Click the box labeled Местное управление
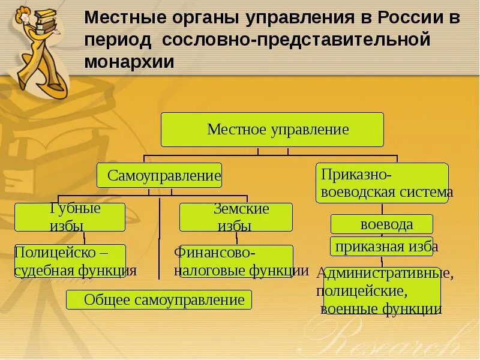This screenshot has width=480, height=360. pyautogui.click(x=272, y=130)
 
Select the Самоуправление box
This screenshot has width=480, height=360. pyautogui.click(x=159, y=175)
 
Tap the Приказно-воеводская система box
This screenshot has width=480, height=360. pyautogui.click(x=382, y=183)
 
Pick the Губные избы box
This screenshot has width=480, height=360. pyautogui.click(x=70, y=217)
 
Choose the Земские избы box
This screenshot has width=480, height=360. pyautogui.click(x=236, y=217)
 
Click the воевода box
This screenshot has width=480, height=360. pyautogui.click(x=382, y=224)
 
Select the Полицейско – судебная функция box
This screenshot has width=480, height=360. pyautogui.click(x=70, y=261)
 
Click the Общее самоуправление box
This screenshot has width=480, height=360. pyautogui.click(x=159, y=299)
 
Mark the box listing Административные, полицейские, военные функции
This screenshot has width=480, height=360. pyautogui.click(x=382, y=292)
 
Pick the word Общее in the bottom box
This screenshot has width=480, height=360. pyautogui.click(x=107, y=299)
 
